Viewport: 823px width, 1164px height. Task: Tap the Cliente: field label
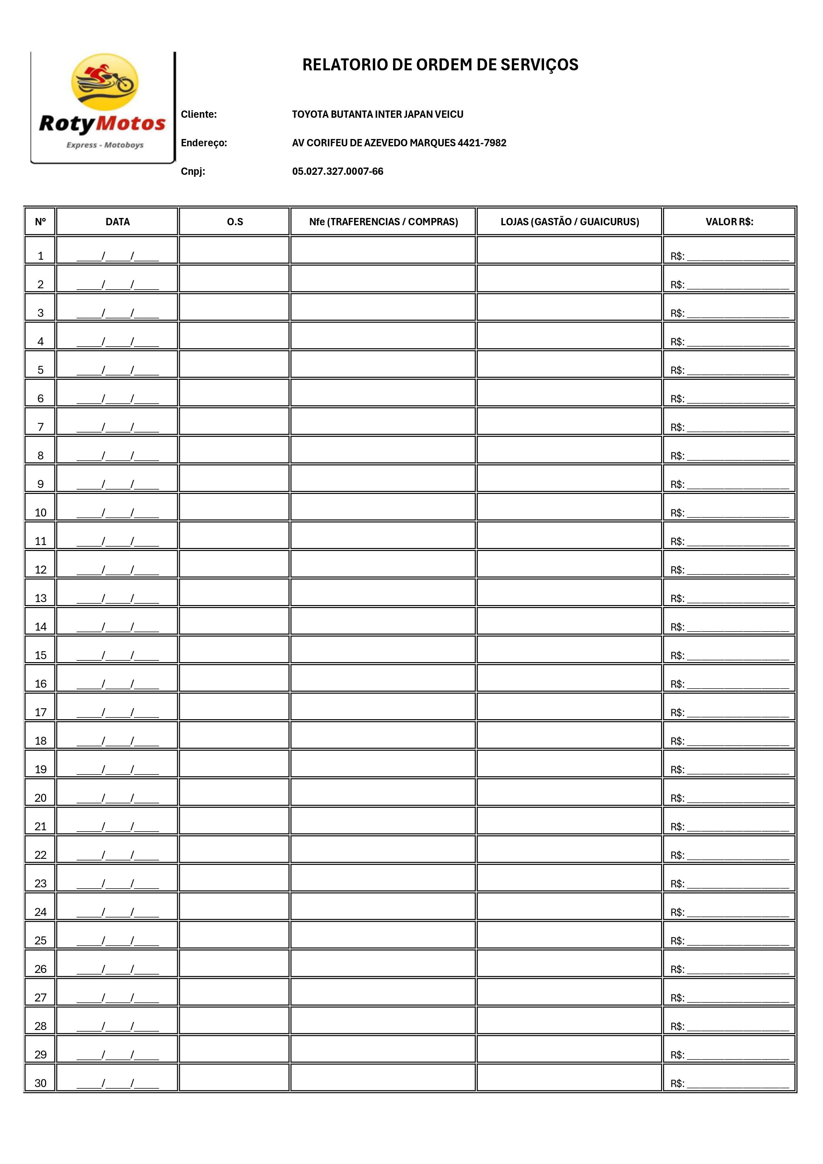[199, 114]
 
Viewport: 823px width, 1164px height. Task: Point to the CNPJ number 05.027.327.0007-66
[338, 171]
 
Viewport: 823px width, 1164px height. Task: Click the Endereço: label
[204, 143]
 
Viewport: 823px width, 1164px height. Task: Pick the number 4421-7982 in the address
[482, 143]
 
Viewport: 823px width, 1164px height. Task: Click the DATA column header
[118, 222]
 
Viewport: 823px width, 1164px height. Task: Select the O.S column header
[235, 222]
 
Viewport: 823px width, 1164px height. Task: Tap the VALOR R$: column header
[729, 222]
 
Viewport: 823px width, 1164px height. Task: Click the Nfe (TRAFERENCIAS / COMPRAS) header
[383, 222]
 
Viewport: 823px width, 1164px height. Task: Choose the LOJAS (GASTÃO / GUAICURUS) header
[570, 222]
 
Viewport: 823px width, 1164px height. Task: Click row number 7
[40, 427]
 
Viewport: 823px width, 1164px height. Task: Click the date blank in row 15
[118, 655]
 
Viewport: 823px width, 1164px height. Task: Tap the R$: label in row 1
[677, 256]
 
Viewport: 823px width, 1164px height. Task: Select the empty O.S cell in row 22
[234, 850]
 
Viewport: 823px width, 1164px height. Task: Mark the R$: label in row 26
[677, 969]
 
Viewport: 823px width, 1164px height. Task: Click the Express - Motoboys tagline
[105, 145]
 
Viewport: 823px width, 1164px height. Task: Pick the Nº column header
[40, 222]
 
